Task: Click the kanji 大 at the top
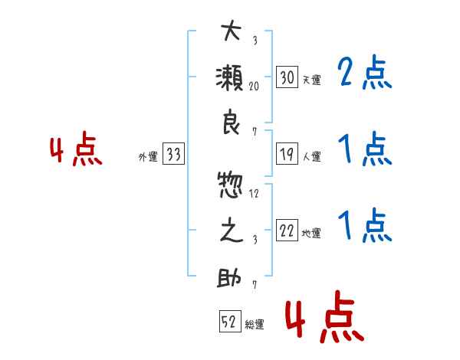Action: pos(232,31)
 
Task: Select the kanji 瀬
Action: pos(229,77)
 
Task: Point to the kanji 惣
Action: pos(231,185)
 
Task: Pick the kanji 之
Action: pos(232,230)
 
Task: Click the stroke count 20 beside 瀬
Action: pos(254,87)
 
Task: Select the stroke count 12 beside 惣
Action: pos(254,194)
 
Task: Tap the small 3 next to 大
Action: pos(255,40)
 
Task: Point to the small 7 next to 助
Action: pos(255,285)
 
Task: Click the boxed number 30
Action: pos(287,77)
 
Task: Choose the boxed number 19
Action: pos(287,154)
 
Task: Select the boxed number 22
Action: pos(287,230)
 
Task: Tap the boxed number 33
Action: pos(174,153)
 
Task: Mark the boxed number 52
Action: pos(230,321)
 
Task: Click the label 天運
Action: pos(312,80)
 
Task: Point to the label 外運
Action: pos(148,157)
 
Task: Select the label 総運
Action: pos(255,325)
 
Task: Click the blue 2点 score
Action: pos(365,73)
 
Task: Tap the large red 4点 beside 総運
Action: pos(325,316)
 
